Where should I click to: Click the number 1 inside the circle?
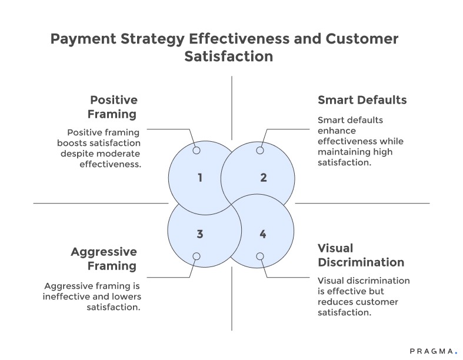[x=200, y=177]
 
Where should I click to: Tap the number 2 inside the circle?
[x=263, y=177]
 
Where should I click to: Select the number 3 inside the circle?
[x=200, y=234]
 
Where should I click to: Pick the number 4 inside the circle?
[x=262, y=234]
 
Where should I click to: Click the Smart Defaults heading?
[x=362, y=99]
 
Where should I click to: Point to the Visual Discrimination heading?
[x=361, y=255]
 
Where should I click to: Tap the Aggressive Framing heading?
[x=104, y=259]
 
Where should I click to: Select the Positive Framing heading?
[x=113, y=106]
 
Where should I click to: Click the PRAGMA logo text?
[x=432, y=351]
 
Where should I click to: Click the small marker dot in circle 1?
[x=196, y=151]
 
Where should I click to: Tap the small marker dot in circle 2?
[x=259, y=151]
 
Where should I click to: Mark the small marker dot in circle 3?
[x=196, y=256]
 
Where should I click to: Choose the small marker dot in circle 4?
[x=259, y=256]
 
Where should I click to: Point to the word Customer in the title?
[x=361, y=39]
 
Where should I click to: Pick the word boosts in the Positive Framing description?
[x=73, y=143]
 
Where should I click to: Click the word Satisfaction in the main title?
[x=229, y=57]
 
